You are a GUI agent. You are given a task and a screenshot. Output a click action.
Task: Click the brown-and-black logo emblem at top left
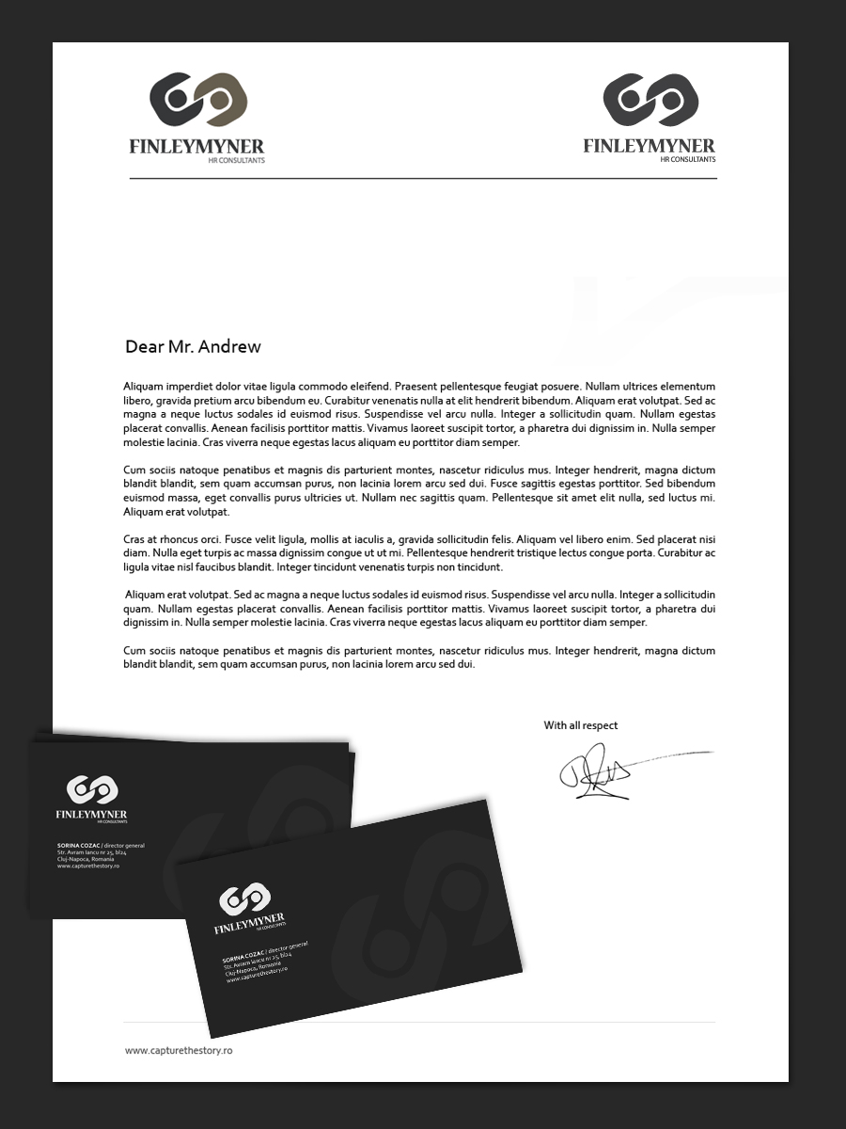point(197,100)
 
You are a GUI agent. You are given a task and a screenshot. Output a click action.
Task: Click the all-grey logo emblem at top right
point(650,100)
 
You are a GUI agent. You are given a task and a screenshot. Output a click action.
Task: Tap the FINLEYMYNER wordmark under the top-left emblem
point(196,146)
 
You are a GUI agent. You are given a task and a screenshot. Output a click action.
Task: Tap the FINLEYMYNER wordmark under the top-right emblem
point(649,146)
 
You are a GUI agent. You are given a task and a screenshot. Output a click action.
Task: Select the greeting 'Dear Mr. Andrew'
point(193,347)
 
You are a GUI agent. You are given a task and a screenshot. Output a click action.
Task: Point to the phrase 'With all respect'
point(580,725)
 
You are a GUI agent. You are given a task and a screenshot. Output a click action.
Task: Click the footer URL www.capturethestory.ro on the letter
point(179,1050)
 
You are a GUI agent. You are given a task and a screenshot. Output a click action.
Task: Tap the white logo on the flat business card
point(91,790)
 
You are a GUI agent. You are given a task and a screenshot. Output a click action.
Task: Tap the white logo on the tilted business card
point(244,898)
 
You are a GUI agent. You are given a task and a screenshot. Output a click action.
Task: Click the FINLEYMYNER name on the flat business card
point(91,814)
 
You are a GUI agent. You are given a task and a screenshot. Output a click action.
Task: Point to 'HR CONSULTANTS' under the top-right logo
point(687,160)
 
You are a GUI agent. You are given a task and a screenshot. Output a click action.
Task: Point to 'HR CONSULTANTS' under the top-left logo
point(236,160)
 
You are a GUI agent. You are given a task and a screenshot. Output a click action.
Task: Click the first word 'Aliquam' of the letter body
point(144,387)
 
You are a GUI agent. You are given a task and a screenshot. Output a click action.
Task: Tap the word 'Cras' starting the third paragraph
point(134,540)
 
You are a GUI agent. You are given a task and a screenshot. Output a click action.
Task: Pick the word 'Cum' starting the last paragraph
point(134,651)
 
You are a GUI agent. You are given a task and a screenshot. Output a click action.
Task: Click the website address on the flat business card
point(87,866)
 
